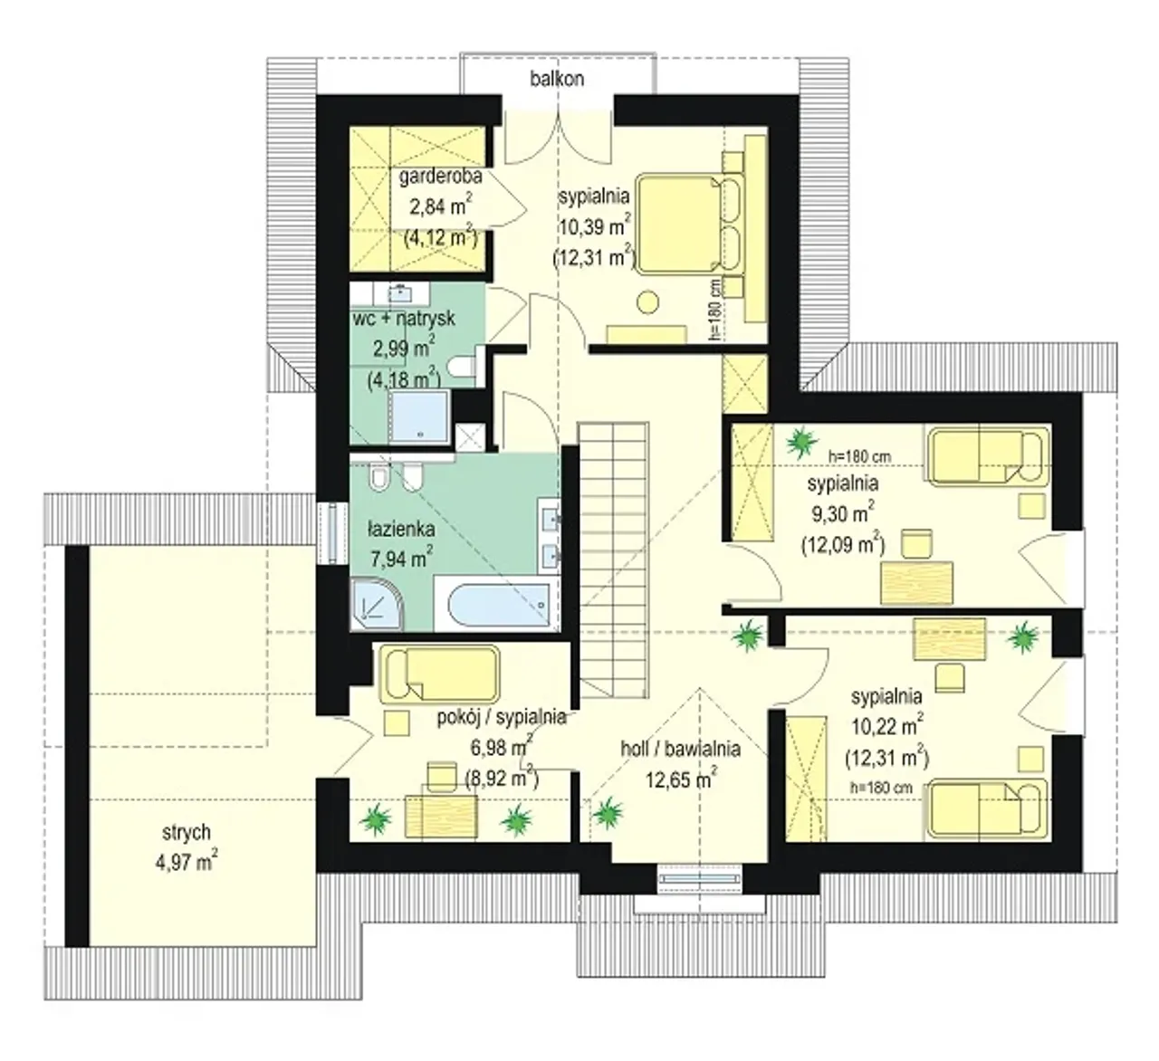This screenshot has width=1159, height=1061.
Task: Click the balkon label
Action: click(x=557, y=79)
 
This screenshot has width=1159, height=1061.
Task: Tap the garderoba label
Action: click(x=440, y=177)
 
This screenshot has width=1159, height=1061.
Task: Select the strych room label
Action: click(x=186, y=833)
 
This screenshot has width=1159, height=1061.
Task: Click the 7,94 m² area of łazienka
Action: click(x=401, y=559)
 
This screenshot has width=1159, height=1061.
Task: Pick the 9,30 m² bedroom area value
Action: click(x=843, y=513)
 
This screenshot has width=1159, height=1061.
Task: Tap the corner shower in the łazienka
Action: click(x=377, y=605)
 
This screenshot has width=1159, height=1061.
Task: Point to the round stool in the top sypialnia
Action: click(x=647, y=301)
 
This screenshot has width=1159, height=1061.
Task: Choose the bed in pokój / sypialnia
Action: click(x=439, y=674)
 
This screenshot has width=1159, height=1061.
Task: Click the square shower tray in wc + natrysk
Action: click(x=420, y=416)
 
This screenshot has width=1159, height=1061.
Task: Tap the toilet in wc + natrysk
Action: click(x=465, y=365)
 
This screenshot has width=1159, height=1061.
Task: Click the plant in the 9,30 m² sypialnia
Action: click(x=802, y=442)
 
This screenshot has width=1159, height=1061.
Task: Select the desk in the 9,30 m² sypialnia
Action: click(x=917, y=583)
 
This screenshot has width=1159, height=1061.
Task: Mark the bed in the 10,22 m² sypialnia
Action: click(x=987, y=808)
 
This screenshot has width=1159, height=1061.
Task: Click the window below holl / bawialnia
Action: click(x=700, y=878)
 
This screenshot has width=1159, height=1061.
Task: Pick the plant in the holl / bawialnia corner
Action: click(x=608, y=813)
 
